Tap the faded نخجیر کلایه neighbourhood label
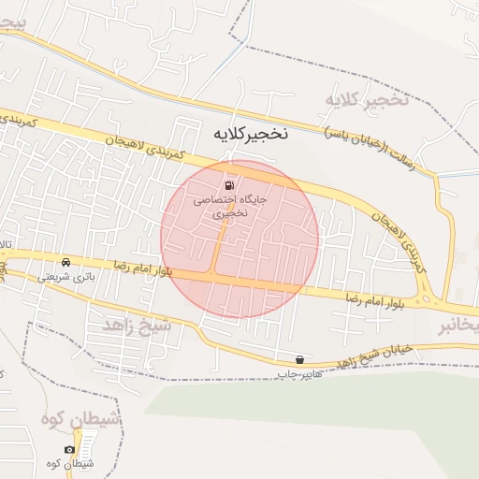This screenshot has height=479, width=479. pos(368,100)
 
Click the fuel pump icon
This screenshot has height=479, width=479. pos(230,184)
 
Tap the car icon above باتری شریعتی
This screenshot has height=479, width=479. pos(65,262)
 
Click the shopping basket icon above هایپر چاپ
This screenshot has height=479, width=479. pos(298,359)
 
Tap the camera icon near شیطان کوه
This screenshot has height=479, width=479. pos(69,450)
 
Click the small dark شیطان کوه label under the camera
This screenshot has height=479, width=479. pos(67,464)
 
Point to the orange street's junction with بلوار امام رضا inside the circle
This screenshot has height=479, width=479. pos(216,273)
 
